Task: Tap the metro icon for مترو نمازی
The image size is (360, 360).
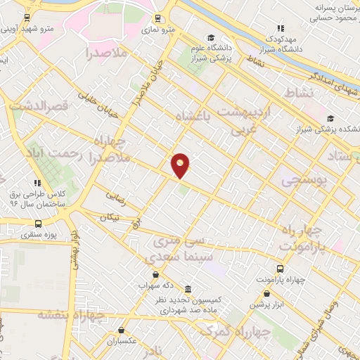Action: [155, 18]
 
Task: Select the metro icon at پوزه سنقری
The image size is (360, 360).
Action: [37, 223]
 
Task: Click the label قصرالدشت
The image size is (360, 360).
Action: [39, 105]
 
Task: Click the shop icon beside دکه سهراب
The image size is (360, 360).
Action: [155, 274]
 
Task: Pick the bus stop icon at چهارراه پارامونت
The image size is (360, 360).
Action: [281, 269]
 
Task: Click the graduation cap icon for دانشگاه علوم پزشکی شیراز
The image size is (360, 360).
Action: [210, 37]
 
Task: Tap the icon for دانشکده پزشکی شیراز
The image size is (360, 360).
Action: [330, 119]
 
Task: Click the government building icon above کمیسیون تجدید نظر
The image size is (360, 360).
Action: [188, 289]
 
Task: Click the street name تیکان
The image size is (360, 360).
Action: [109, 218]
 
